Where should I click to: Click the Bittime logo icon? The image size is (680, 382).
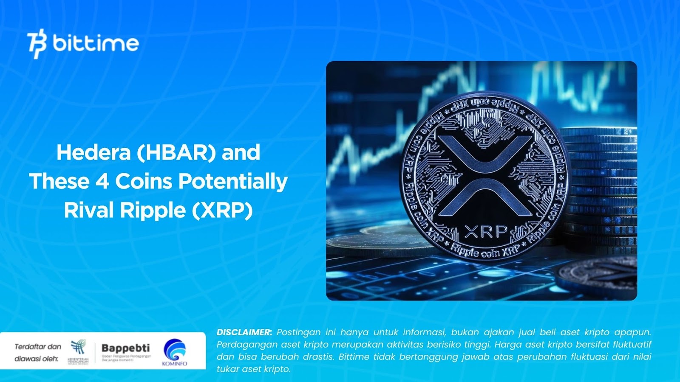37,44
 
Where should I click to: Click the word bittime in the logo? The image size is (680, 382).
96,43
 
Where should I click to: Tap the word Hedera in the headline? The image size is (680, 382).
93,152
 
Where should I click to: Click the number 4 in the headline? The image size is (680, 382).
102,181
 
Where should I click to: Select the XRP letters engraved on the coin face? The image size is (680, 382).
486,232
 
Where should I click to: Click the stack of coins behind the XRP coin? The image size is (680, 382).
603,187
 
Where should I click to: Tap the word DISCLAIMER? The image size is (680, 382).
244,332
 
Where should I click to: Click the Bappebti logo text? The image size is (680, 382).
126,348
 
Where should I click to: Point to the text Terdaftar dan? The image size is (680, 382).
38,347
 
